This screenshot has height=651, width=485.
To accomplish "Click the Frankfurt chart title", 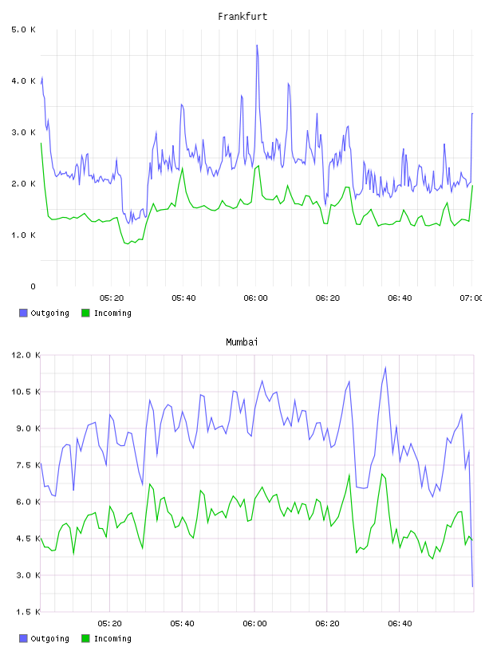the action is click(x=242, y=17).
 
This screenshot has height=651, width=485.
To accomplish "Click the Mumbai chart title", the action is click(x=242, y=342).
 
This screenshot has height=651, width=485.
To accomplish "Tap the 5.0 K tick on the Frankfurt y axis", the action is click(x=23, y=30).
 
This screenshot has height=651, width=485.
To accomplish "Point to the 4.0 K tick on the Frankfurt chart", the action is click(x=23, y=81).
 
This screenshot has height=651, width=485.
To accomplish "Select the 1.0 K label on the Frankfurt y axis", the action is click(x=23, y=235).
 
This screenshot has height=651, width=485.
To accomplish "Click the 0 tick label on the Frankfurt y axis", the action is click(x=33, y=286).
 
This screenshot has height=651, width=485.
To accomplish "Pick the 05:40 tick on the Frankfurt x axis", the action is click(x=183, y=298).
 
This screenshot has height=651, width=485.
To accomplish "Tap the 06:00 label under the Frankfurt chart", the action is click(x=256, y=298).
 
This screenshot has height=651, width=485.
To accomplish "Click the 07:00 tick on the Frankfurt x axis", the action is click(x=471, y=298).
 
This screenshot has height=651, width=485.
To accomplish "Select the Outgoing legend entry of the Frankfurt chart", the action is click(x=45, y=313).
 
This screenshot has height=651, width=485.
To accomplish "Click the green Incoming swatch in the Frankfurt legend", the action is click(x=85, y=313).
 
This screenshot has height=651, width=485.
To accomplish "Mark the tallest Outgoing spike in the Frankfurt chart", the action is click(x=257, y=45).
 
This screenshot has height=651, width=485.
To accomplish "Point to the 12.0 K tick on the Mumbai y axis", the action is click(x=26, y=355).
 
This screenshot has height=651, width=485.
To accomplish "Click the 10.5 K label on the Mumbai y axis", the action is click(x=26, y=392).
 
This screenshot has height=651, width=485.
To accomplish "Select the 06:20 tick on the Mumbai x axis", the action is click(x=327, y=624).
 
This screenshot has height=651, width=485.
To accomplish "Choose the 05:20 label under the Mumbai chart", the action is click(x=109, y=624).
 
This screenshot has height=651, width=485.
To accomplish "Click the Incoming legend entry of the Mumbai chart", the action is click(x=107, y=638).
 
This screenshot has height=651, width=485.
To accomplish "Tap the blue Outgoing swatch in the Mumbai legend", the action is click(x=23, y=638).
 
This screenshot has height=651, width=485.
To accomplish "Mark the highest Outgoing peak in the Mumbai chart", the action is click(x=386, y=368).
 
